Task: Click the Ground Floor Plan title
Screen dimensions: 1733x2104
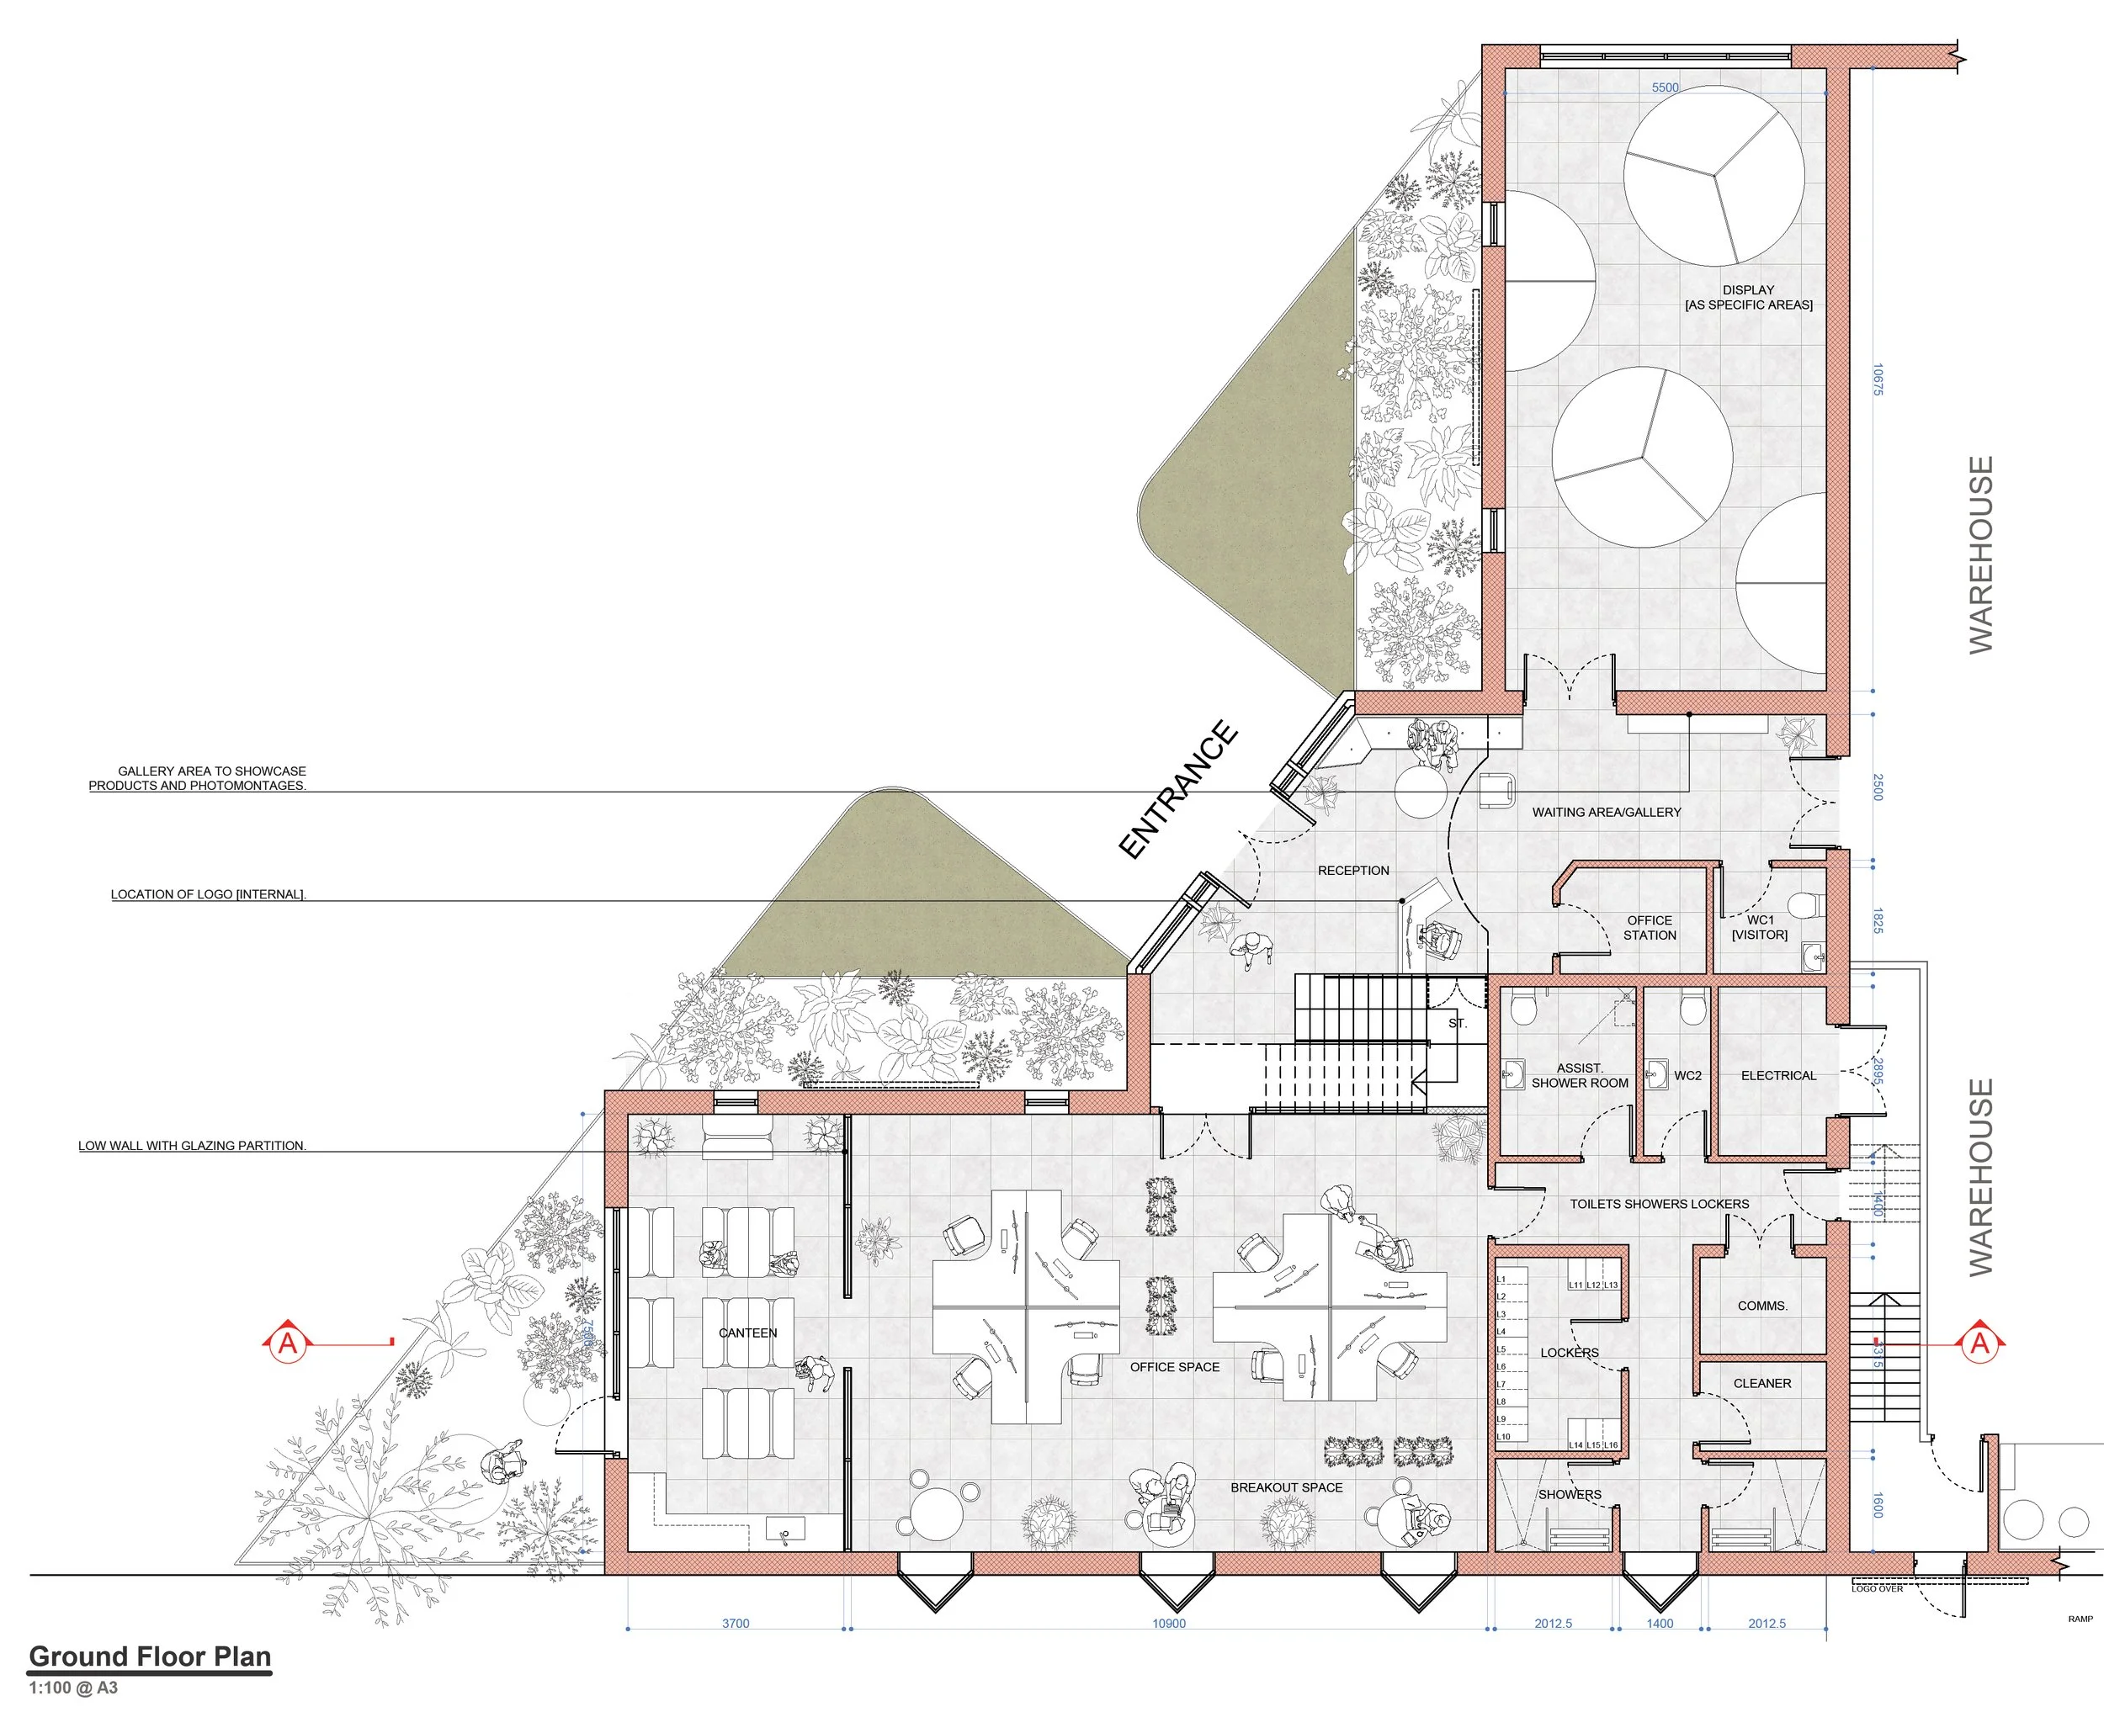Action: pos(150,1657)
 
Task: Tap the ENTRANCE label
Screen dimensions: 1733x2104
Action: pos(1178,790)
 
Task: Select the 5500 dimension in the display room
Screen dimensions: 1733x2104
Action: pos(1665,87)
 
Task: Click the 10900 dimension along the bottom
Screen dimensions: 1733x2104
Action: pos(1168,1623)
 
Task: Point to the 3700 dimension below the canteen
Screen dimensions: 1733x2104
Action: pos(735,1623)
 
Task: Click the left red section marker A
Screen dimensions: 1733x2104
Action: pos(288,1343)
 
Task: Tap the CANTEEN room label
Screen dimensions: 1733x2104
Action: pos(747,1333)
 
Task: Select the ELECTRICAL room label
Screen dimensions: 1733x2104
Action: pos(1778,1075)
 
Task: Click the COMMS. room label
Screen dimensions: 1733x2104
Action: pos(1761,1306)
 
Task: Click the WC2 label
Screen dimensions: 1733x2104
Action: pos(1687,1075)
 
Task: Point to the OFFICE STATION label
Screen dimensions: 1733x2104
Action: pos(1649,927)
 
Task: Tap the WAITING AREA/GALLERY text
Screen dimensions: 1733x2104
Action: pos(1606,812)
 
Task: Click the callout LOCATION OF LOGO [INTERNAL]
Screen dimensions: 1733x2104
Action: pos(208,894)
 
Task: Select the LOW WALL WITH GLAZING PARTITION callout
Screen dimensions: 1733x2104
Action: pos(192,1146)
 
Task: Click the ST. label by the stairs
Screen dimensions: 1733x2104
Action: pos(1457,1023)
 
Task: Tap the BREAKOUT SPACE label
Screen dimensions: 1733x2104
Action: pos(1285,1487)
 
